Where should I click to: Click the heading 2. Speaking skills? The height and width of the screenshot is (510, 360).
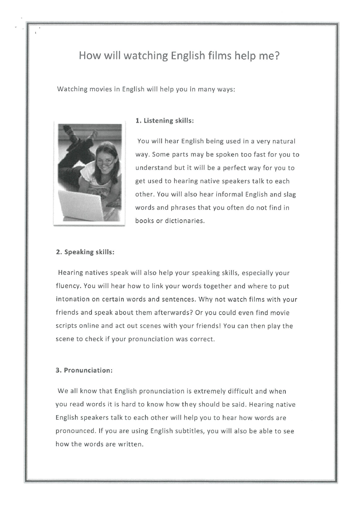coord(85,252)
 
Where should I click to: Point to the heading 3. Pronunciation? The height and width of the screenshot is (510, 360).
coord(84,371)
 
